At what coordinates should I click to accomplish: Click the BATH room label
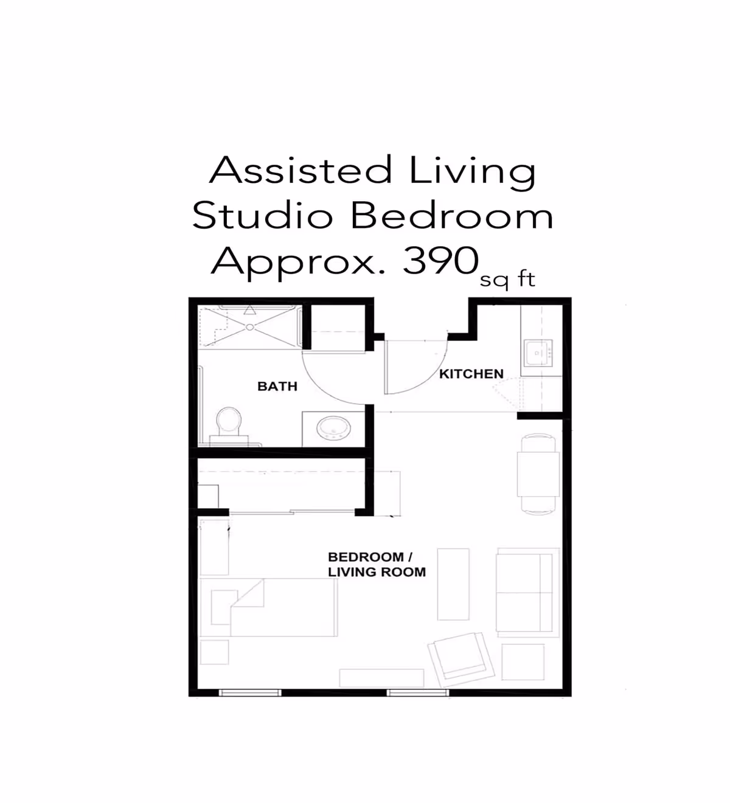(277, 387)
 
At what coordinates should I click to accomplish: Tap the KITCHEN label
(471, 374)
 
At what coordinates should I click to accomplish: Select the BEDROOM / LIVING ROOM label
(376, 564)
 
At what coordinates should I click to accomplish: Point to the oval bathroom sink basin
(333, 429)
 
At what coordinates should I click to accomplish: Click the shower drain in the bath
(249, 327)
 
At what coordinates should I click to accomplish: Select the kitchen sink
(538, 353)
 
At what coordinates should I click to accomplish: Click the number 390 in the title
(440, 261)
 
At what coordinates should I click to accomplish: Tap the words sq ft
(507, 280)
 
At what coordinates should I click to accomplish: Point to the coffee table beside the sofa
(453, 584)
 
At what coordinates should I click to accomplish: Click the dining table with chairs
(538, 474)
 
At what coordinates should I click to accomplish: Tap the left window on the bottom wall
(249, 692)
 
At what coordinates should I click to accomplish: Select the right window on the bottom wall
(417, 692)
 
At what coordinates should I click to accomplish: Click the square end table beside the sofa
(523, 662)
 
